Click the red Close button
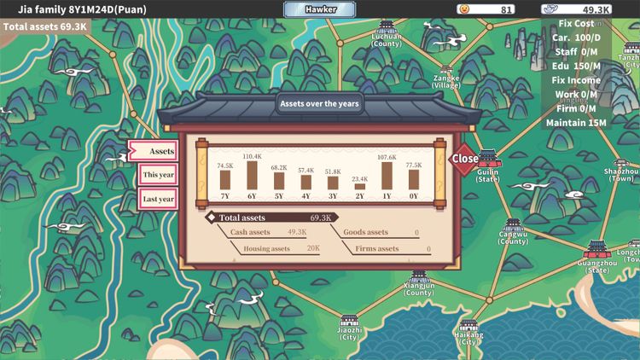click(x=465, y=159)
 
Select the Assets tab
click(x=154, y=151)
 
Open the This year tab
click(x=159, y=175)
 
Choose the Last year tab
click(x=159, y=200)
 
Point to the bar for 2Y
click(x=359, y=186)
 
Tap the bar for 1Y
click(x=387, y=175)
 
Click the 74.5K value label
click(x=224, y=165)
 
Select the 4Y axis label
click(x=305, y=195)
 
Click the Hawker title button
click(x=319, y=9)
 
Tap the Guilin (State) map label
click(x=487, y=175)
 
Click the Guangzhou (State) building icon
click(x=596, y=250)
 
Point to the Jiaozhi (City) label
click(x=349, y=333)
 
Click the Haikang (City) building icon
click(x=468, y=325)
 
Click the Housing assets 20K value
click(x=312, y=249)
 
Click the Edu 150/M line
click(x=576, y=67)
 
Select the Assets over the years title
click(x=320, y=104)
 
